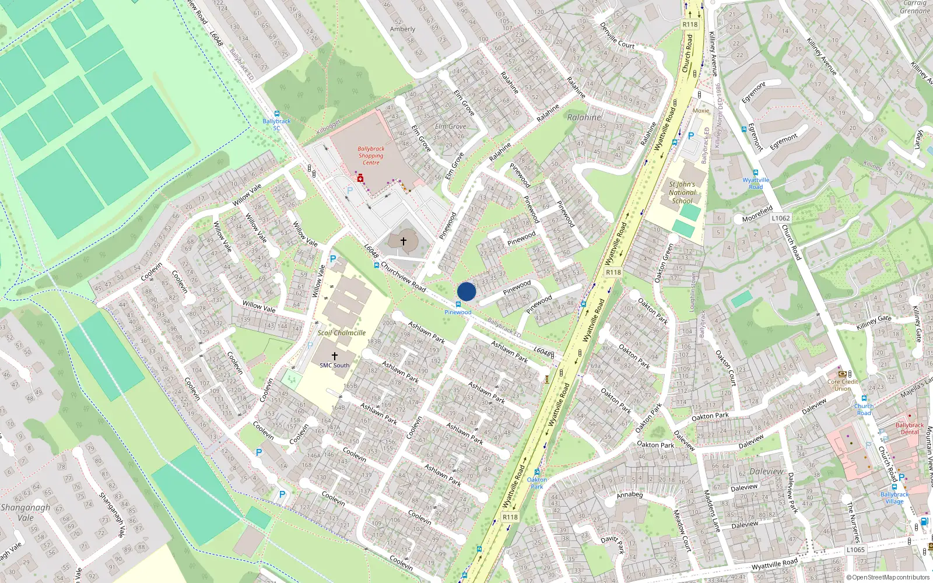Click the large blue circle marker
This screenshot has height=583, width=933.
pos(466,291)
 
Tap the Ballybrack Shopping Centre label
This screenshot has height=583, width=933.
pos(371,156)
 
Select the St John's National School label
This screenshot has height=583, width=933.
pos(682,192)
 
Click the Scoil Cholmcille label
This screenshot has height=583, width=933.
pos(342,333)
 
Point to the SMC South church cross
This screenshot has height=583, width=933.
pos(335,356)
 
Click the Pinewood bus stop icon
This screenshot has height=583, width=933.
pos(458,304)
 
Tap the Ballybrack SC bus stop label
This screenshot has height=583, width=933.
pos(276,124)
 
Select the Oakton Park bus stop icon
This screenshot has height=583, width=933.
pos(537,472)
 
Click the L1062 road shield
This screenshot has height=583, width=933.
pos(781,218)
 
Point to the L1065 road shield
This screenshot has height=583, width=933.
pos(855,549)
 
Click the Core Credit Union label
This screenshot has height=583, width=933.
pos(843,385)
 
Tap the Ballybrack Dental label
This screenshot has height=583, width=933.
pos(910,429)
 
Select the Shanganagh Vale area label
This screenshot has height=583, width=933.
pos(25,512)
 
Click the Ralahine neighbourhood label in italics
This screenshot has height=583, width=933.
pos(584,117)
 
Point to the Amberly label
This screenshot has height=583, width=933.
pos(402,29)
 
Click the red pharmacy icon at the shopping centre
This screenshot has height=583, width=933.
pos(360,178)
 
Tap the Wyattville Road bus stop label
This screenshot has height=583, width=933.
pos(756,183)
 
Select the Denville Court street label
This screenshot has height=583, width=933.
pos(617,36)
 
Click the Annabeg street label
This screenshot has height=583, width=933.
pos(629,495)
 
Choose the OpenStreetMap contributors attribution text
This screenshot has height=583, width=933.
pos(888,577)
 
